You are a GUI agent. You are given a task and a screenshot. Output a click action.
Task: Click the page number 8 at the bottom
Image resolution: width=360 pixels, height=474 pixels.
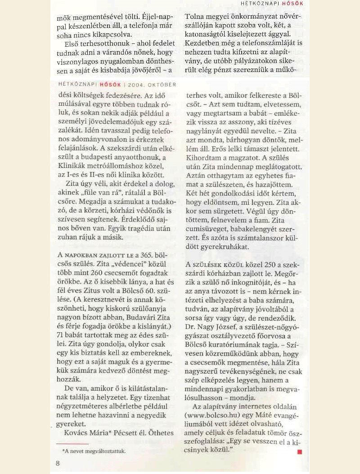point(58,463)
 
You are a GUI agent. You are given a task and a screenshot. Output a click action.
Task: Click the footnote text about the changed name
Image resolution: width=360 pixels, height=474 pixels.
point(94,450)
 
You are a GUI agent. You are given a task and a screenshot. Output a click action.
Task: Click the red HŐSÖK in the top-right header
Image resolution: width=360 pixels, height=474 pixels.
point(293,4)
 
